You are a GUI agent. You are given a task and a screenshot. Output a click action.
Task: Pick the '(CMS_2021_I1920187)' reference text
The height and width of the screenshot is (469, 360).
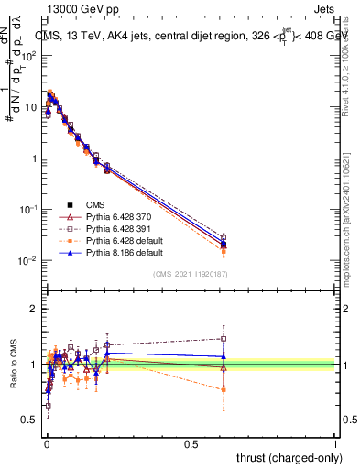coord(190,273)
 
